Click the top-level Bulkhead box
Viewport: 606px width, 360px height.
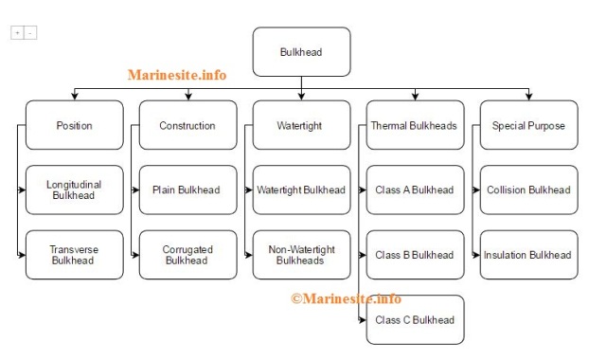[301, 52]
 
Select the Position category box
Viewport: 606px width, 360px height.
[75, 125]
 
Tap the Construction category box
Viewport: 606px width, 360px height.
[187, 125]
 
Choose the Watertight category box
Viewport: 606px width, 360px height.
[301, 125]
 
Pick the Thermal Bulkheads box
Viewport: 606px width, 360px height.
[415, 125]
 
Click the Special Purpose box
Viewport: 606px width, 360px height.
[528, 125]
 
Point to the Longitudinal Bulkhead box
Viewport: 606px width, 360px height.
[75, 189]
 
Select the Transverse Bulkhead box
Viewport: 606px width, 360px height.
[75, 254]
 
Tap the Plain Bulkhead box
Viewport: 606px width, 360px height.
[187, 189]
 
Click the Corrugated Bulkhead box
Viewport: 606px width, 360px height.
[187, 254]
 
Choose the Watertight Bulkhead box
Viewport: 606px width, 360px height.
[301, 189]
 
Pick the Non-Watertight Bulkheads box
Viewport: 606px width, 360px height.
[301, 254]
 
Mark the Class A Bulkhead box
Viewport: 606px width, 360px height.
[415, 189]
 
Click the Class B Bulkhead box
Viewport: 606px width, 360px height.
[415, 254]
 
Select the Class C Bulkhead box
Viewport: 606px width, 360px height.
[415, 319]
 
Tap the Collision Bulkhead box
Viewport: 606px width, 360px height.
[528, 189]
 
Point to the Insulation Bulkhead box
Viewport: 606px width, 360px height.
[528, 254]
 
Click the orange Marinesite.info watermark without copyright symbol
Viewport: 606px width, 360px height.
[177, 75]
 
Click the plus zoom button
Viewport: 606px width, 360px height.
[17, 32]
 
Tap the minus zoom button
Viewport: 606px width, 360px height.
[30, 32]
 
